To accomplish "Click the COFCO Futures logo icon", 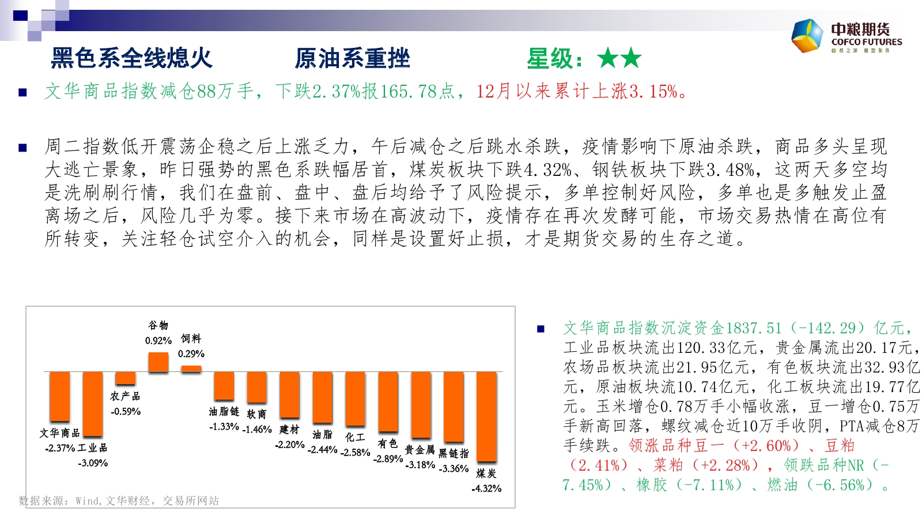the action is pyautogui.click(x=807, y=36).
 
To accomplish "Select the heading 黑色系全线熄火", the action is pyautogui.click(x=132, y=58).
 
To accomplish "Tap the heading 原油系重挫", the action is pyautogui.click(x=352, y=58).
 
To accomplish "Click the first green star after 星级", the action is pyautogui.click(x=608, y=58).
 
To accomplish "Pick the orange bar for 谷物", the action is pyautogui.click(x=158, y=362).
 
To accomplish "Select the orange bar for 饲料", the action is pyautogui.click(x=191, y=368).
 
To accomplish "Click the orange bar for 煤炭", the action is pyautogui.click(x=486, y=417).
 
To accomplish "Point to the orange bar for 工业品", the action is pyautogui.click(x=93, y=404).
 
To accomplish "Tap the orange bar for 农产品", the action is pyautogui.click(x=126, y=378).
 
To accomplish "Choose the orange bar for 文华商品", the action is pyautogui.click(x=60, y=397).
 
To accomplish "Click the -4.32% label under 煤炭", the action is pyautogui.click(x=486, y=488).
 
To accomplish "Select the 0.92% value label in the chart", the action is pyautogui.click(x=158, y=341).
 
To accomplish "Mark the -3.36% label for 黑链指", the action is pyautogui.click(x=454, y=469).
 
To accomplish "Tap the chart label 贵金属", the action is pyautogui.click(x=420, y=450).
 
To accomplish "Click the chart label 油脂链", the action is pyautogui.click(x=224, y=412).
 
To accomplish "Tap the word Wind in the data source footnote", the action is pyautogui.click(x=87, y=501).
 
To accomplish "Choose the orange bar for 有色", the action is pyautogui.click(x=388, y=402).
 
